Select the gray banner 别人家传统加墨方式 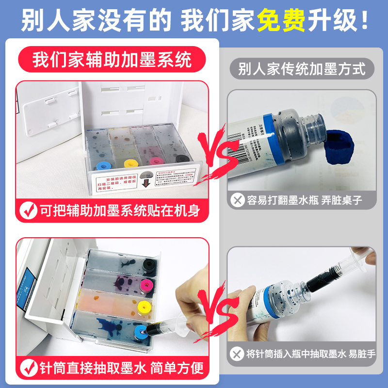click(x=301, y=68)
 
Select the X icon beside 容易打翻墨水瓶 click(x=238, y=199)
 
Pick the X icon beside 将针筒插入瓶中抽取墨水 click(x=238, y=354)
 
